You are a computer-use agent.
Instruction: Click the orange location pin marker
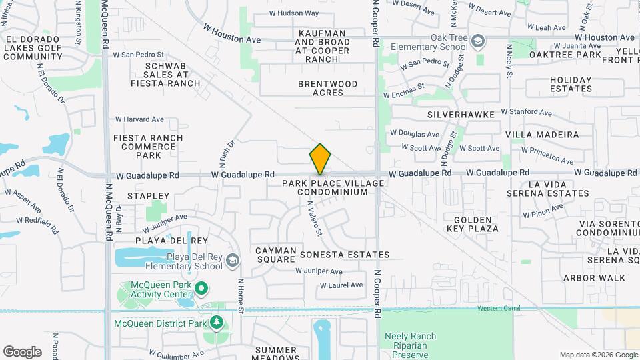pos(320,159)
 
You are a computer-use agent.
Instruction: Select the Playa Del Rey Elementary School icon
pos(232,260)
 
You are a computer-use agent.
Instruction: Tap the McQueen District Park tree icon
pos(216,323)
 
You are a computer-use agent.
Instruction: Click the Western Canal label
pos(498,308)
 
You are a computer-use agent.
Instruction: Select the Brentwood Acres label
pos(327,88)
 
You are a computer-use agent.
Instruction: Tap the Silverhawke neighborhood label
pos(461,115)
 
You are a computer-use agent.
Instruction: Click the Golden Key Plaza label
pos(476,223)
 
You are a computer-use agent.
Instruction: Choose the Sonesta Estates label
pos(344,255)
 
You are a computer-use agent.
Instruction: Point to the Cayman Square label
pos(275,255)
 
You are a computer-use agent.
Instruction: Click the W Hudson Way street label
pos(293,13)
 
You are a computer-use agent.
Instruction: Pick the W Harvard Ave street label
pos(139,119)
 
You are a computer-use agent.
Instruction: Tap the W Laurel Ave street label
pos(341,285)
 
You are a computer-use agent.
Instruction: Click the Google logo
pos(22,351)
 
